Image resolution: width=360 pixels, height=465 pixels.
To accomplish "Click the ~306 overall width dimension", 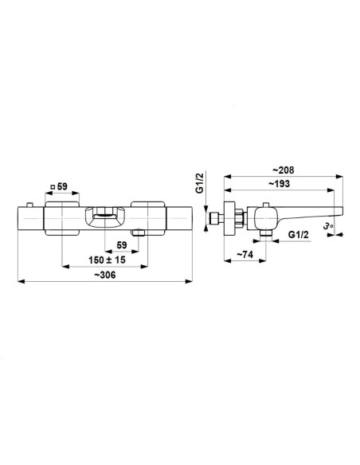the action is [105, 275].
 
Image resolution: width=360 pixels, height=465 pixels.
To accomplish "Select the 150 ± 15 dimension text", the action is [107, 260].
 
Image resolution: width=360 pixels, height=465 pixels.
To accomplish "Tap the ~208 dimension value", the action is [284, 170].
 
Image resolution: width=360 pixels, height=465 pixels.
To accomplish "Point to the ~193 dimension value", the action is [279, 184].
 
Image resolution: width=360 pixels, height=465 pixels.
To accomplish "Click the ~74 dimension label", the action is [245, 255].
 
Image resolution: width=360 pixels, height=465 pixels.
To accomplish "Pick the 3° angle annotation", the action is [329, 226].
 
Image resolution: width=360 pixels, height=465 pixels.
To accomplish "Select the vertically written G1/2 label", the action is [201, 183].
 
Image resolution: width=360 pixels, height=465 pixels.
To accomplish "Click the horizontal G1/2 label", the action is [299, 235].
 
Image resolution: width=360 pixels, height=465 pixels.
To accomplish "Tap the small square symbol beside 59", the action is [53, 187].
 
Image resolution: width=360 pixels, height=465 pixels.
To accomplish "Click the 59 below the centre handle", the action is [122, 245].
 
